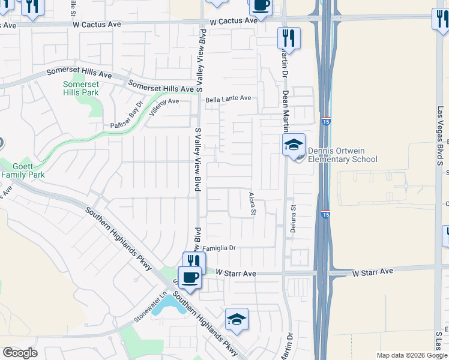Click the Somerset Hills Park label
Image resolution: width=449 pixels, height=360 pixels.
[80, 89]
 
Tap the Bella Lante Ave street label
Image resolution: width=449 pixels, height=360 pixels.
[228, 98]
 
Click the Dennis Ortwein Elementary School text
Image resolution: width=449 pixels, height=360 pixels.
[342, 155]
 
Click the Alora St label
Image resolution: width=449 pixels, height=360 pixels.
[253, 203]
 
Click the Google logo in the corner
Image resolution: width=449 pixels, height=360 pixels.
[20, 353]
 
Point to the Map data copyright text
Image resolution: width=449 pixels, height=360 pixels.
[412, 355]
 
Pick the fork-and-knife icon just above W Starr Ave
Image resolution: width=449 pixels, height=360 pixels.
[194, 262]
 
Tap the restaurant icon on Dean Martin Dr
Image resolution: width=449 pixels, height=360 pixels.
[289, 38]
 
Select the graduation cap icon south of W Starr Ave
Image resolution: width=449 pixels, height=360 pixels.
[237, 319]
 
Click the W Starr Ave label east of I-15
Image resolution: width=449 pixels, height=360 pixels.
[373, 272]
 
